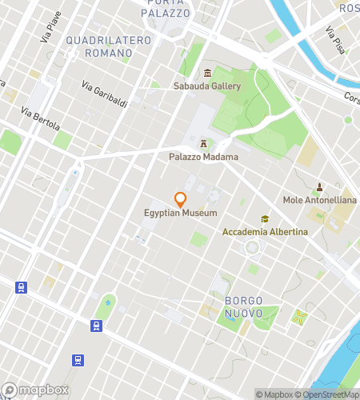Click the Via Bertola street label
[40, 118]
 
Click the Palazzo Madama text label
[203, 157]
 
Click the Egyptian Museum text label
[181, 212]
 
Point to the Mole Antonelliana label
[320, 200]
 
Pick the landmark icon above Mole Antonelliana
[320, 186]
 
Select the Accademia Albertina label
[264, 232]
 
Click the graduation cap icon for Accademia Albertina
[264, 218]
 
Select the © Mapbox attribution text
[274, 394]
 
